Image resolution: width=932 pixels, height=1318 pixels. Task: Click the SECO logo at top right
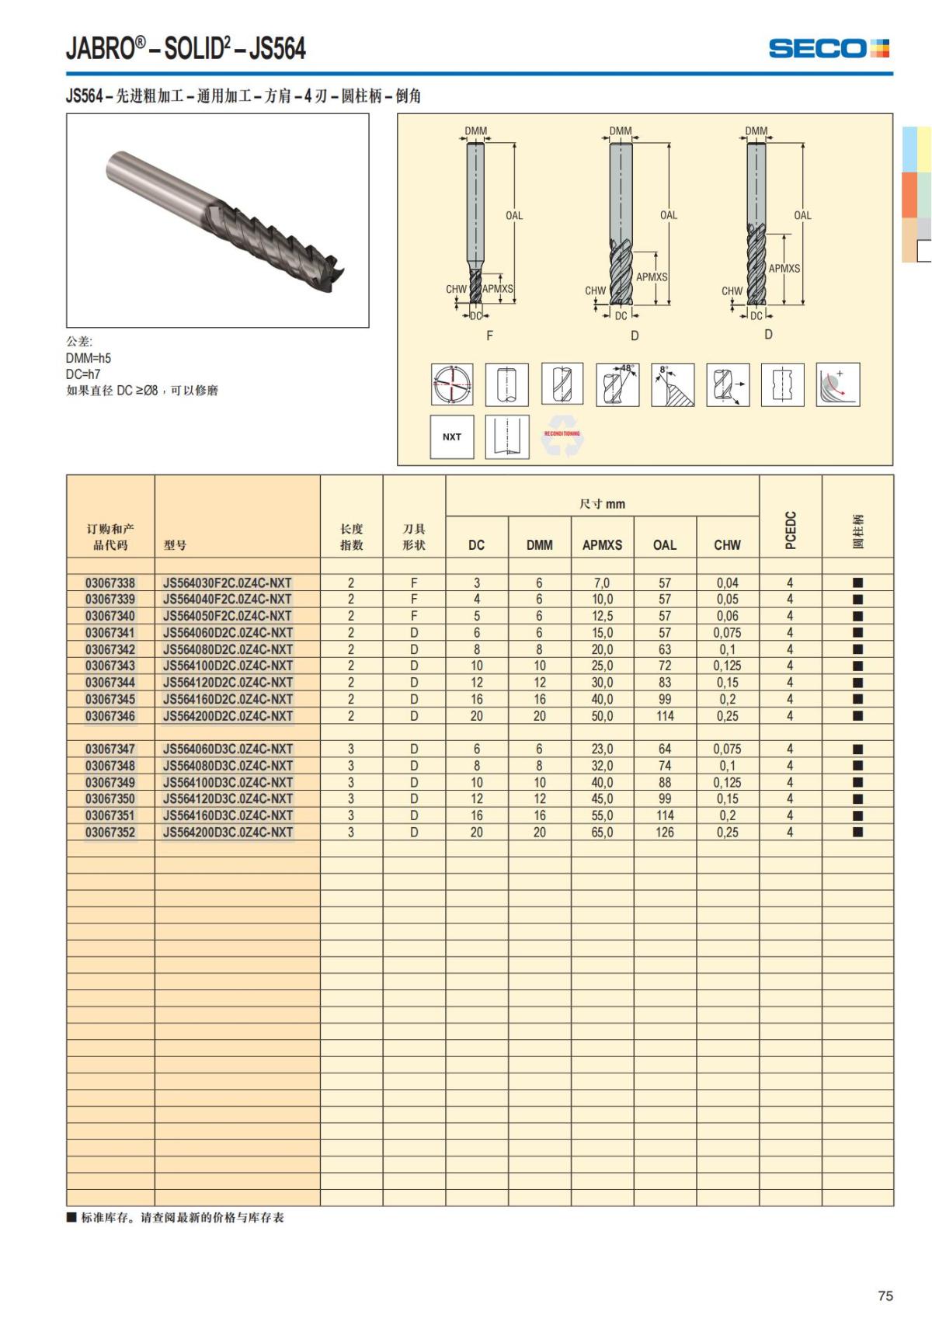[828, 48]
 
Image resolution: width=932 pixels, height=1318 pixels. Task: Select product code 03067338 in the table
[110, 582]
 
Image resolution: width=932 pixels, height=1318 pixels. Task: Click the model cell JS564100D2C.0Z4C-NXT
[228, 666]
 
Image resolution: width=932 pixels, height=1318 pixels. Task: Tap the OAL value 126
[665, 832]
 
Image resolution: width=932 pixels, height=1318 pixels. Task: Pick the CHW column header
[727, 544]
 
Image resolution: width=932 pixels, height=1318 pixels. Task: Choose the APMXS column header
[602, 544]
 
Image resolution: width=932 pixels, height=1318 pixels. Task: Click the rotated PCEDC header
[790, 530]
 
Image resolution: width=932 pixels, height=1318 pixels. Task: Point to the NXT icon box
[452, 436]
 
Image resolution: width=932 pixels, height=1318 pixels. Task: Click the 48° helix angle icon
[617, 384]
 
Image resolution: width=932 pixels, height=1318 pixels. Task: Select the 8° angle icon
[673, 384]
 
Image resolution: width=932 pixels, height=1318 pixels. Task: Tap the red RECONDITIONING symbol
[562, 436]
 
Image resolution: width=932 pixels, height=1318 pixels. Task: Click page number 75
[885, 1295]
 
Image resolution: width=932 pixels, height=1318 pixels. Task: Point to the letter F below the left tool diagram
[489, 336]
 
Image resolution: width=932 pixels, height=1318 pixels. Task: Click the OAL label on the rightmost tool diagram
[802, 215]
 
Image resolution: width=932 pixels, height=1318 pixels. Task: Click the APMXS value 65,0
[602, 832]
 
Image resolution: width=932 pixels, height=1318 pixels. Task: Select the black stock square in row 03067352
[857, 832]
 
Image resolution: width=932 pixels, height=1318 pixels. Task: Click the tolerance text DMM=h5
[89, 358]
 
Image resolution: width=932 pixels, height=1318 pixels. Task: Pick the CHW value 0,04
[727, 582]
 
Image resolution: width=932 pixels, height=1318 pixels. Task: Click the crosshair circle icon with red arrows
[452, 384]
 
